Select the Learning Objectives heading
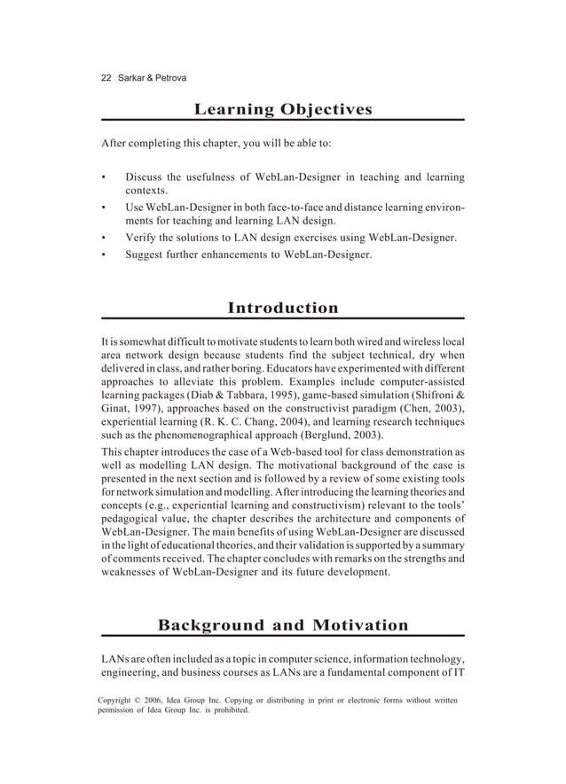(x=283, y=110)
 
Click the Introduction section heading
(x=283, y=309)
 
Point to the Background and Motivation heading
(x=283, y=626)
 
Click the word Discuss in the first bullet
(x=146, y=177)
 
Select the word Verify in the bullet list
(x=143, y=238)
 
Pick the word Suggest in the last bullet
(x=148, y=255)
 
